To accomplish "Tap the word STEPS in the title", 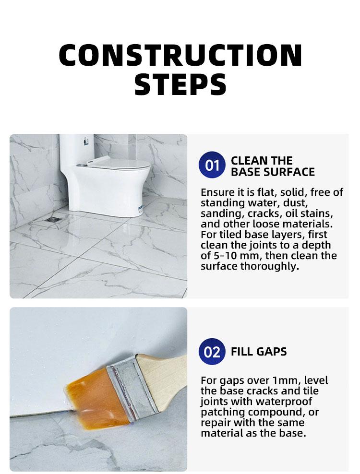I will (180, 84).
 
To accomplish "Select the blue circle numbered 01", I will (212, 166).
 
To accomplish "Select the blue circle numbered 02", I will (212, 352).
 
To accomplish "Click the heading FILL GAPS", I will (259, 352).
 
